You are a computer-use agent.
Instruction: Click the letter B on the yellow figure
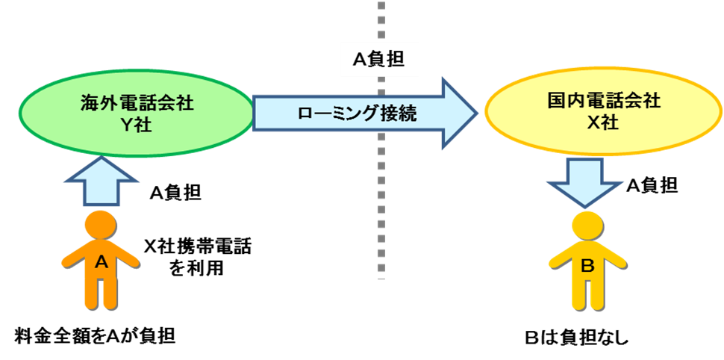click(x=587, y=264)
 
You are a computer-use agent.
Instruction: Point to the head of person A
click(x=101, y=225)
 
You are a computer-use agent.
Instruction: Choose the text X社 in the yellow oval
click(x=603, y=122)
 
